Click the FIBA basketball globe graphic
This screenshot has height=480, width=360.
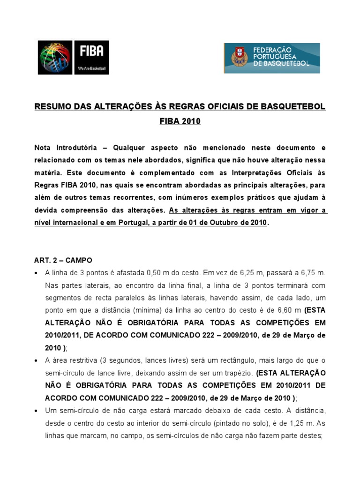pos(55,57)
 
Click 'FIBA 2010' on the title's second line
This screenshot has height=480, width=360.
pos(180,121)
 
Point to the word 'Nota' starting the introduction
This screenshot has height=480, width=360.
pos(45,147)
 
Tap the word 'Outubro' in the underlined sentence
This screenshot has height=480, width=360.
pos(220,222)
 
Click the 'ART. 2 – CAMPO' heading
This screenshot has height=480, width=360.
pos(63,260)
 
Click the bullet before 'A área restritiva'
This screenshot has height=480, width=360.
pos(37,361)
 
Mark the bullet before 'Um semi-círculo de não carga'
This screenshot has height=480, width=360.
pos(37,412)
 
